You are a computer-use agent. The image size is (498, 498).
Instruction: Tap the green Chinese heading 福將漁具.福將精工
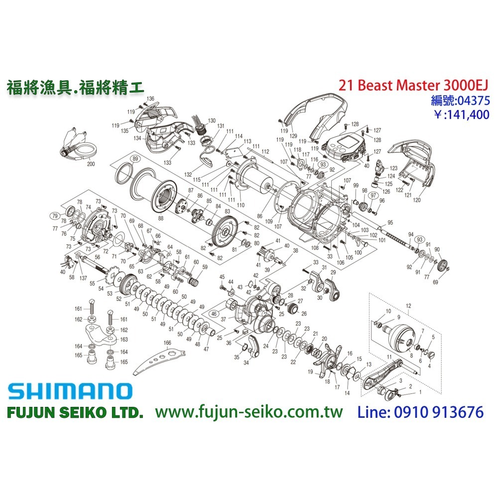(75, 87)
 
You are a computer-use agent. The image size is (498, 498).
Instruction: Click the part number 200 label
(90, 163)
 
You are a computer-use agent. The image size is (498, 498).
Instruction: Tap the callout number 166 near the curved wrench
(167, 343)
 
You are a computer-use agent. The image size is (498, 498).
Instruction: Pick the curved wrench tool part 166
(159, 361)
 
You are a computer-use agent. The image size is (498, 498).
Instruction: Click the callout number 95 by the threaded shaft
(390, 222)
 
